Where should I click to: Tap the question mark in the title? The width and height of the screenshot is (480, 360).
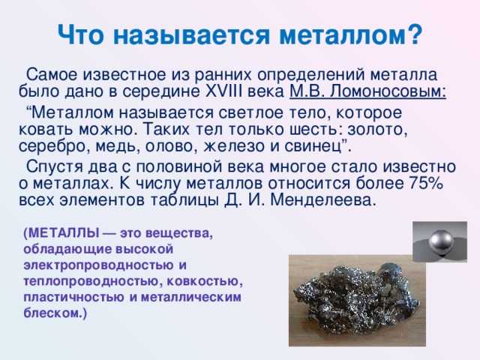click(x=415, y=34)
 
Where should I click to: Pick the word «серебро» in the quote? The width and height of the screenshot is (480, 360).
click(x=49, y=145)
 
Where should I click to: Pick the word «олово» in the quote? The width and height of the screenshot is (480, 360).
click(x=165, y=145)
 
